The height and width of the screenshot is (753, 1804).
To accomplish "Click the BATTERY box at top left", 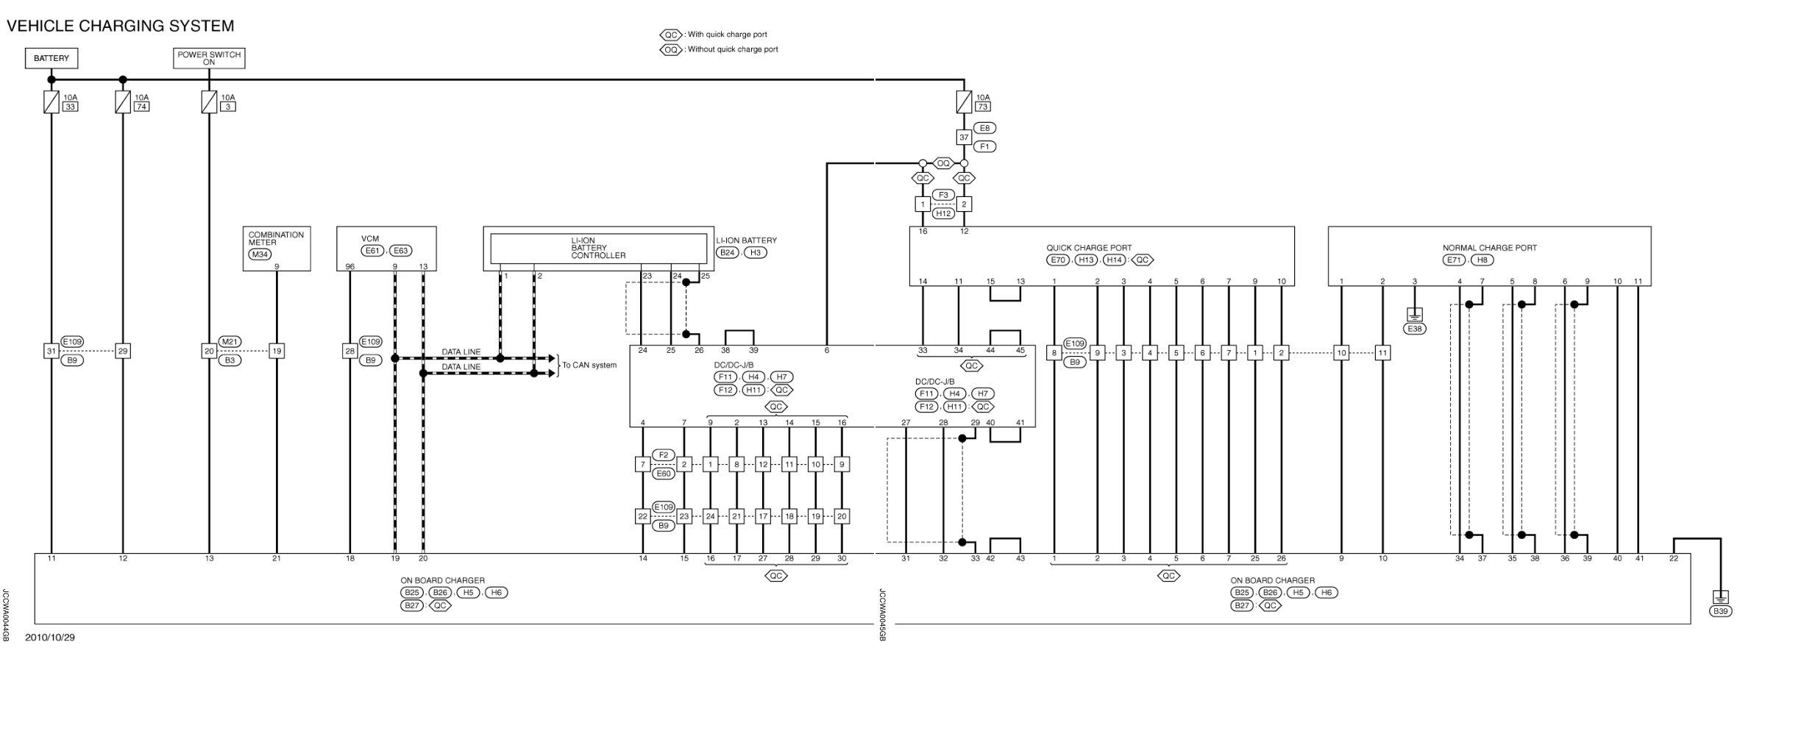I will pos(52,58).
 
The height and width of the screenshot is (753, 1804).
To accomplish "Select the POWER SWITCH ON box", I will pos(209,58).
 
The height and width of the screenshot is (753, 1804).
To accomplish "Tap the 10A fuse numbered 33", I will pos(52,101).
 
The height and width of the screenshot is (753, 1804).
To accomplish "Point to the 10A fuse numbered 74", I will pos(123,101).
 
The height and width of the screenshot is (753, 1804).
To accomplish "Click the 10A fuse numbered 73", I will pos(964,101).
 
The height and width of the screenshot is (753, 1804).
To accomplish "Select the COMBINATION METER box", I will pos(277,239).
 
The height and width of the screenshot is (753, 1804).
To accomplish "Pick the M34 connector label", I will pos(260,254).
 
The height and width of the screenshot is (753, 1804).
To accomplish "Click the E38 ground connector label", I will pos(1414,329).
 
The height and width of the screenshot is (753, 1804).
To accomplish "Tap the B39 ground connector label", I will pos(1720,611).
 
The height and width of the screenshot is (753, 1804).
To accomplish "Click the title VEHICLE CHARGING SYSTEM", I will pos(120,26).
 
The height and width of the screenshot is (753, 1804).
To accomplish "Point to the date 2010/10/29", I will pos(50,638).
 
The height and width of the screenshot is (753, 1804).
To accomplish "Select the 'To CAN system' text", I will pos(589,365).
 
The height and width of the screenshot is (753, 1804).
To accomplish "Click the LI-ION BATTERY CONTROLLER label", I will pos(598,248).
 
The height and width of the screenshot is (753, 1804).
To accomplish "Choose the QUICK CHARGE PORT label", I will pos(1089,248).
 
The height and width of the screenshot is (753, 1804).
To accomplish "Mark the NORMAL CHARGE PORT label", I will pos(1489,248).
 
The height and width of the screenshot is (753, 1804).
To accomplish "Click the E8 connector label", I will pos(984,128).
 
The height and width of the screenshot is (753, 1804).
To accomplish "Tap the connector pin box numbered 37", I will pos(964,138).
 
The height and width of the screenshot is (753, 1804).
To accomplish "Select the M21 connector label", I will pos(230,342).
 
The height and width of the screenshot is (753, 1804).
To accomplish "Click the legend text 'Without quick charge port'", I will pos(732,49).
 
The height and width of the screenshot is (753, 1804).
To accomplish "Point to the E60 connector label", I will pos(664,474).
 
